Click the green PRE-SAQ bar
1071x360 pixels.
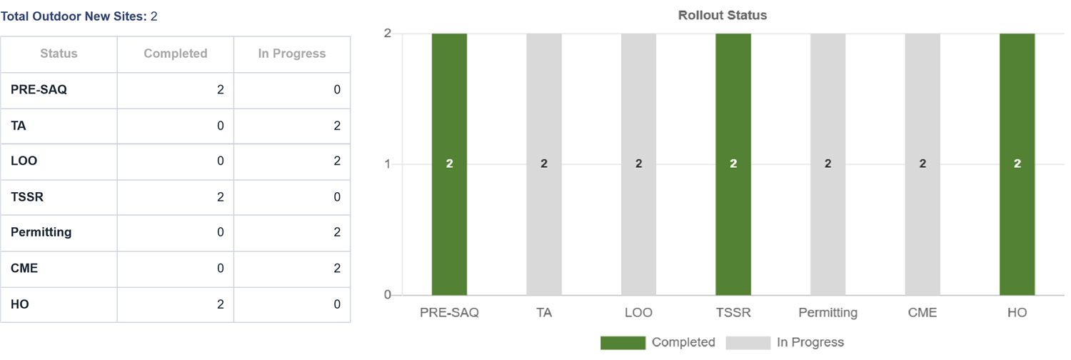449,164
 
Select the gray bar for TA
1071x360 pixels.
544,164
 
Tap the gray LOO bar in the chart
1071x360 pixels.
639,164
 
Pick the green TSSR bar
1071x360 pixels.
733,164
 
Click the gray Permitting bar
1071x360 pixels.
828,164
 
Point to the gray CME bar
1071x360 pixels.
922,164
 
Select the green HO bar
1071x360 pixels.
1017,164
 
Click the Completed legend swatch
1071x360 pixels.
623,343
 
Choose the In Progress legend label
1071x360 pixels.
810,342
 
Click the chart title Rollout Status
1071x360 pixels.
723,15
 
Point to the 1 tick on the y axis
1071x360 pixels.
387,164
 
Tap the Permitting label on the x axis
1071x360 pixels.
828,313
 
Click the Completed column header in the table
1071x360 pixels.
176,54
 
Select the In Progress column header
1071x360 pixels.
291,54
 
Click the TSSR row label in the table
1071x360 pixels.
27,197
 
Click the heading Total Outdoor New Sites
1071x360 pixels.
74,16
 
